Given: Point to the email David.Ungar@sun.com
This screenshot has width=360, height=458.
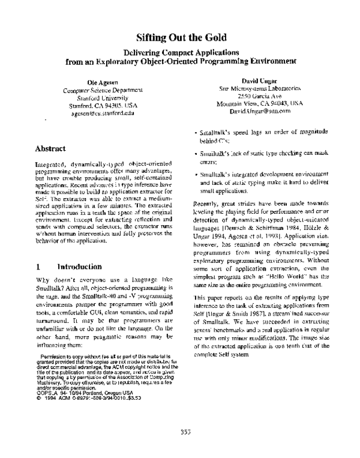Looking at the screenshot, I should click(x=259, y=111).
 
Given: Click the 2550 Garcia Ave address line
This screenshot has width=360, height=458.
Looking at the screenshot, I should click(x=260, y=95).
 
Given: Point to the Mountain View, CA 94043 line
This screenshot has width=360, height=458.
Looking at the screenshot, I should click(x=260, y=103).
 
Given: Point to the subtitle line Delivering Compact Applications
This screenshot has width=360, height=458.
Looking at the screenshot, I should click(x=181, y=52).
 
